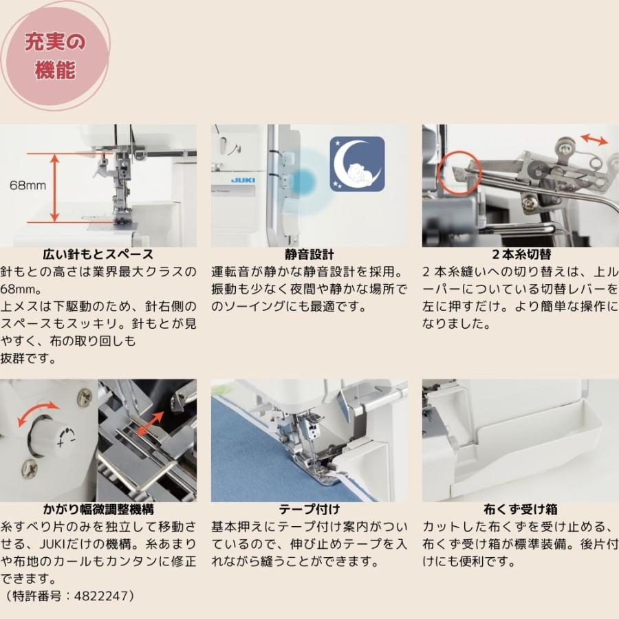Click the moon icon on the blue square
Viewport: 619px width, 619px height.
(x=356, y=164)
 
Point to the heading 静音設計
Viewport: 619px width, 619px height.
(x=309, y=255)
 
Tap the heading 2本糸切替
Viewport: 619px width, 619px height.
(x=520, y=255)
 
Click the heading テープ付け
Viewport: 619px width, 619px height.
(x=309, y=510)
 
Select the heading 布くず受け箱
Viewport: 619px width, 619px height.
(x=520, y=510)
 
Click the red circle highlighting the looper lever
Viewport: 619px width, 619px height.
(x=454, y=170)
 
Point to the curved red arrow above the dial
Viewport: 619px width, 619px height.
(x=39, y=413)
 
